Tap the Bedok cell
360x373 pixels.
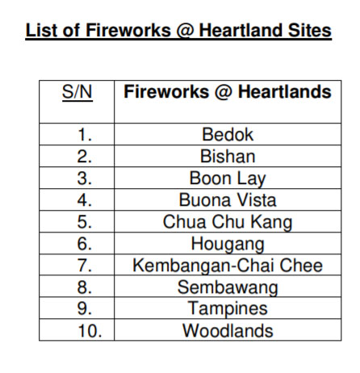[x=228, y=134]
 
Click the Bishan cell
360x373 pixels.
[x=228, y=156]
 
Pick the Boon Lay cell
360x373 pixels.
[x=228, y=178]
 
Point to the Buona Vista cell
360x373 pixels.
[x=228, y=200]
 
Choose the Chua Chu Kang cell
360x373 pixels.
[x=228, y=222]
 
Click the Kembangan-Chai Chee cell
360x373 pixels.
[x=228, y=266]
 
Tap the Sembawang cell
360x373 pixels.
[x=228, y=287]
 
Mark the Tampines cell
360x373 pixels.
[x=228, y=308]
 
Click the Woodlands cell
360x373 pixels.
[x=228, y=330]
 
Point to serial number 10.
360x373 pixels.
[x=90, y=331]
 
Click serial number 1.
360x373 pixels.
[x=85, y=135]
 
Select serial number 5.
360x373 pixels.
[x=85, y=222]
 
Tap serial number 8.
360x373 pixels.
[x=85, y=287]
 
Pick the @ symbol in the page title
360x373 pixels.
[x=185, y=31]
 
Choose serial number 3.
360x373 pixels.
[x=85, y=178]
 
